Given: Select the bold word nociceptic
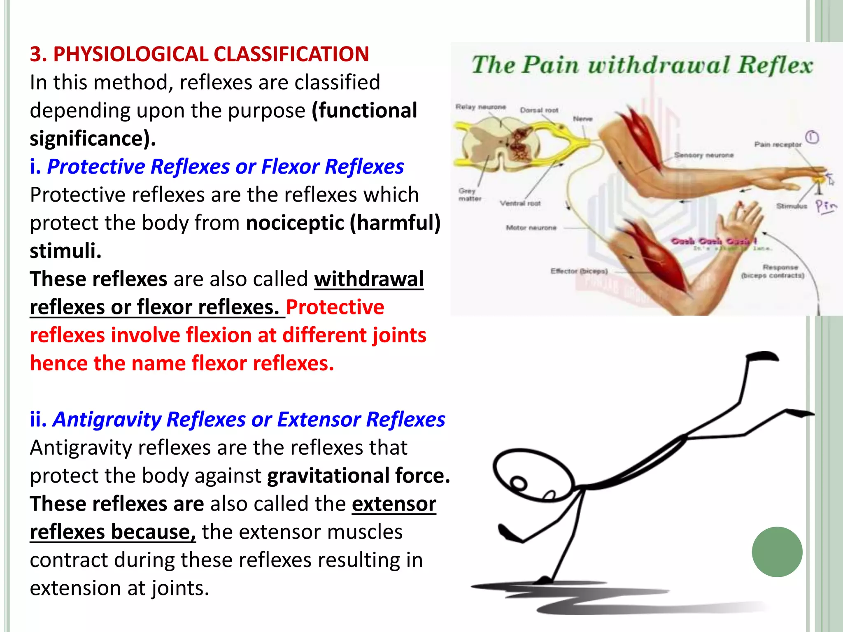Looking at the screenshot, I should pos(295,223).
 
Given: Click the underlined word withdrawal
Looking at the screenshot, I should pos(369,279).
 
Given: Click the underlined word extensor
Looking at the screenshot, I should pos(394,504).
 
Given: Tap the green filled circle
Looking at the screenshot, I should pos(777,552).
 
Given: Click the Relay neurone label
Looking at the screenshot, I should pos(480,107).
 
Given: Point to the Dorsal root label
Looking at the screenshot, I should pos(539,110).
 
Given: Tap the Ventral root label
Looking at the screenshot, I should pos(520,203).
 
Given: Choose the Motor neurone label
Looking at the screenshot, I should pos(531,228).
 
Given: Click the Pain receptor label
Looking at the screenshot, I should pos(778,144).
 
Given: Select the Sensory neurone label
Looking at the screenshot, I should pos(704,155).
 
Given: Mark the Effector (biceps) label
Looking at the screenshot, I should pos(579,271).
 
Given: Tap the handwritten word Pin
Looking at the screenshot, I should pos(826,206).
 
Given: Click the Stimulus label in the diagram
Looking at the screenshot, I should pos(792,206).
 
